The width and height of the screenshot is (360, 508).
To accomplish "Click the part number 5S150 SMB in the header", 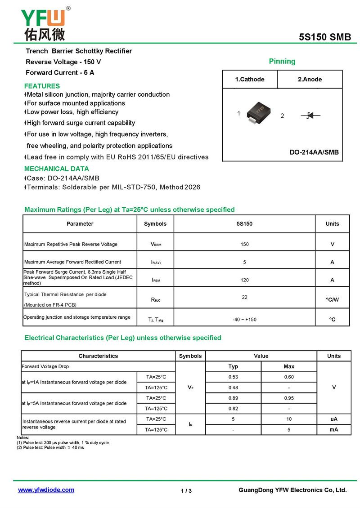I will pos(325,37).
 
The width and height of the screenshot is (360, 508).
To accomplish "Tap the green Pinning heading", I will pos(282,61).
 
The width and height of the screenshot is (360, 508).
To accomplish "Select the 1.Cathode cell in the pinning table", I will pos(250,80).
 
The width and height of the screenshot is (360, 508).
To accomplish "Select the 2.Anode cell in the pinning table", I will pos(310,80).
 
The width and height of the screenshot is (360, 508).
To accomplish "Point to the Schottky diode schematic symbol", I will pos(310,116).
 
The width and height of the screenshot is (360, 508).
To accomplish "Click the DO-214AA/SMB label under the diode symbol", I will pos(314,152).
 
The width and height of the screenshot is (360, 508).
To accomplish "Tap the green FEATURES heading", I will pos(42,86).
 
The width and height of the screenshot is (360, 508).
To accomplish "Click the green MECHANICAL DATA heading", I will pos(56,169).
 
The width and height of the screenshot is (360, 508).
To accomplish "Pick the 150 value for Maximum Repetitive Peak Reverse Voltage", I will pos(244,244).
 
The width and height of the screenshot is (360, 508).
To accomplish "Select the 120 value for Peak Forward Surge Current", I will pos(244,280).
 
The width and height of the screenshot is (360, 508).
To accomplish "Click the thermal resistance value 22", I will pos(244,297).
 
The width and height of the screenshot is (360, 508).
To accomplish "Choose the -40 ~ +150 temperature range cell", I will pos(244,320).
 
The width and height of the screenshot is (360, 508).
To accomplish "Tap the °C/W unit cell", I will pos(333,299).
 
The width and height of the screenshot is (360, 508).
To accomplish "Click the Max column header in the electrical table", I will pos(289,366).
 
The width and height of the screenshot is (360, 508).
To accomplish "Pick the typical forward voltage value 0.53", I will pos(233,377).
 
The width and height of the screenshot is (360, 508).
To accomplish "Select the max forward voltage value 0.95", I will pos(289,398).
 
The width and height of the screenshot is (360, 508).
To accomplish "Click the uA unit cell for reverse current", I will pos(334,419).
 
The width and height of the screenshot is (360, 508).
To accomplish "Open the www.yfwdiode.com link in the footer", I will pos(46,490).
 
